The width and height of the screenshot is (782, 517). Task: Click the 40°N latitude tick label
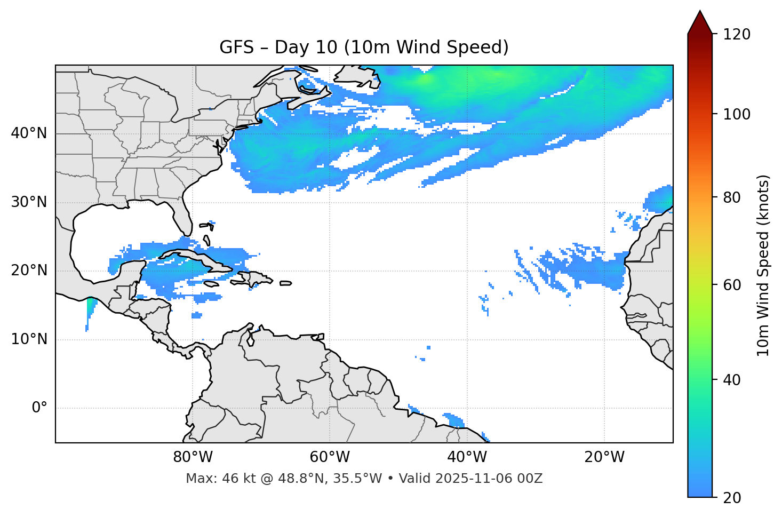(29, 133)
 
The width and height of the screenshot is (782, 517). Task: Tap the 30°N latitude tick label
(29, 202)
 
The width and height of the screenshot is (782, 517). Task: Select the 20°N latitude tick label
(29, 271)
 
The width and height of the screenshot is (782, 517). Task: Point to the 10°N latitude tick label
(29, 339)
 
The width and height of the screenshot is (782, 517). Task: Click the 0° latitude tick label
(39, 408)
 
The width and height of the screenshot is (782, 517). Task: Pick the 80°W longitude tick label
(193, 457)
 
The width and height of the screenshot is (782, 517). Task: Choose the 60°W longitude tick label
(330, 457)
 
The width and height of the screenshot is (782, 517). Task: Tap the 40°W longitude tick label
(467, 457)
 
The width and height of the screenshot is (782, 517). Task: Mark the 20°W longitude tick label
(604, 457)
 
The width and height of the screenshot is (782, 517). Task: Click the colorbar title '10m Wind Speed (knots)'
(763, 265)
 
